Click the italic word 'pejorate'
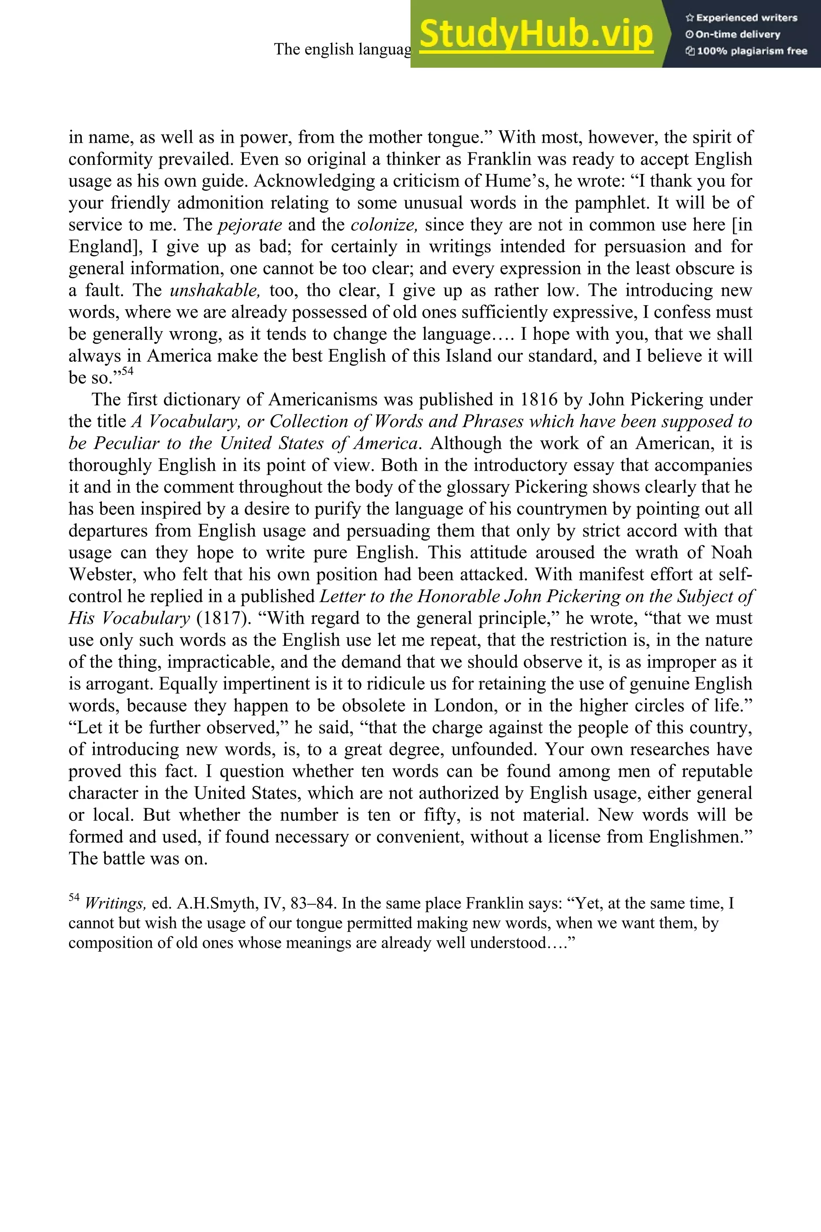250,225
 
